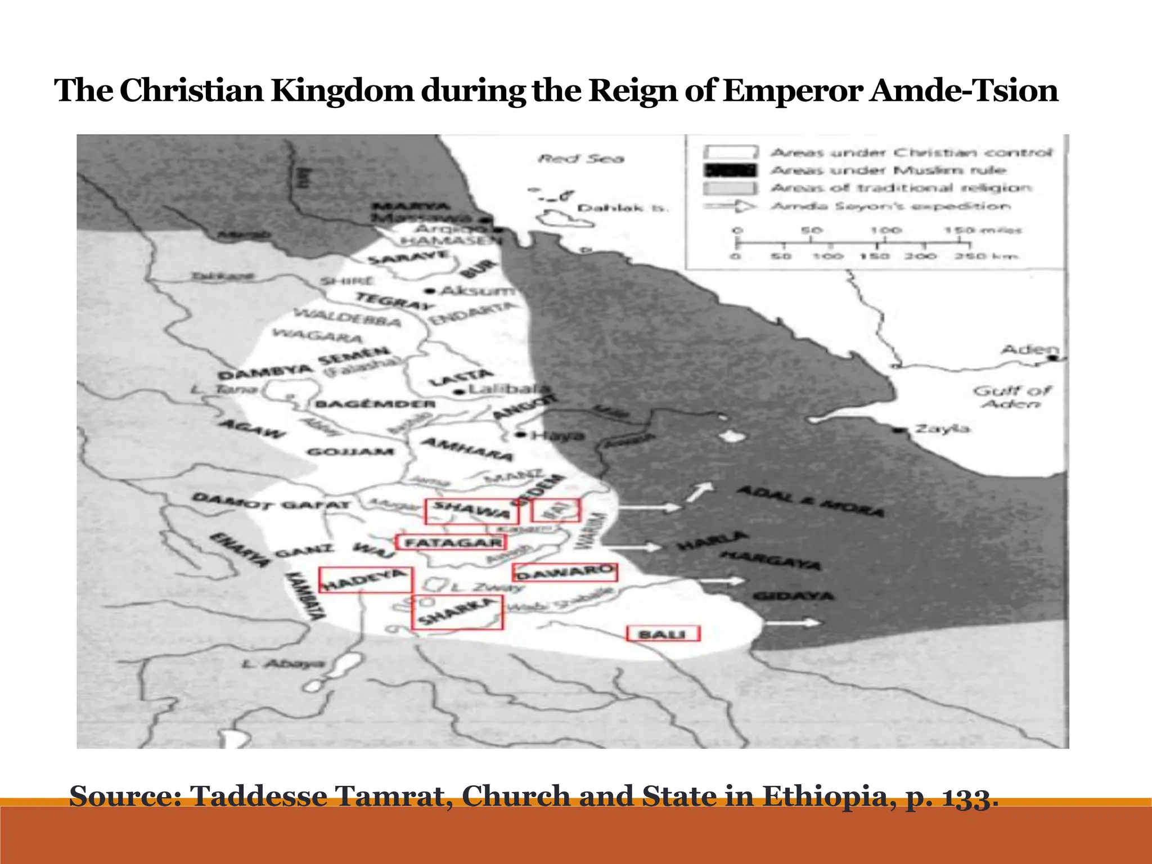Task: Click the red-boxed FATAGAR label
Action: pos(452,542)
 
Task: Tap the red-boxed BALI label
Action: pos(663,634)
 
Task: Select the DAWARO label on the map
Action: pos(564,573)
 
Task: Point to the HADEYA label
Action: pos(365,580)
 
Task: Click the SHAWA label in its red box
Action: pos(471,511)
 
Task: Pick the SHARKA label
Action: pos(457,612)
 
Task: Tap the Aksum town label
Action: pos(477,291)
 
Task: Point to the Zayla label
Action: pos(943,429)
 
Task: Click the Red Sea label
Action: pos(581,159)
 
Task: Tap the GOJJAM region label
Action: pos(350,452)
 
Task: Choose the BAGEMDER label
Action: pos(375,404)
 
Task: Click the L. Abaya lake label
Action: pos(283,664)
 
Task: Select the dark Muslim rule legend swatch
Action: pos(729,170)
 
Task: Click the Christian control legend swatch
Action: pos(729,152)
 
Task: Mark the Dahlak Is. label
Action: pos(623,208)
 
